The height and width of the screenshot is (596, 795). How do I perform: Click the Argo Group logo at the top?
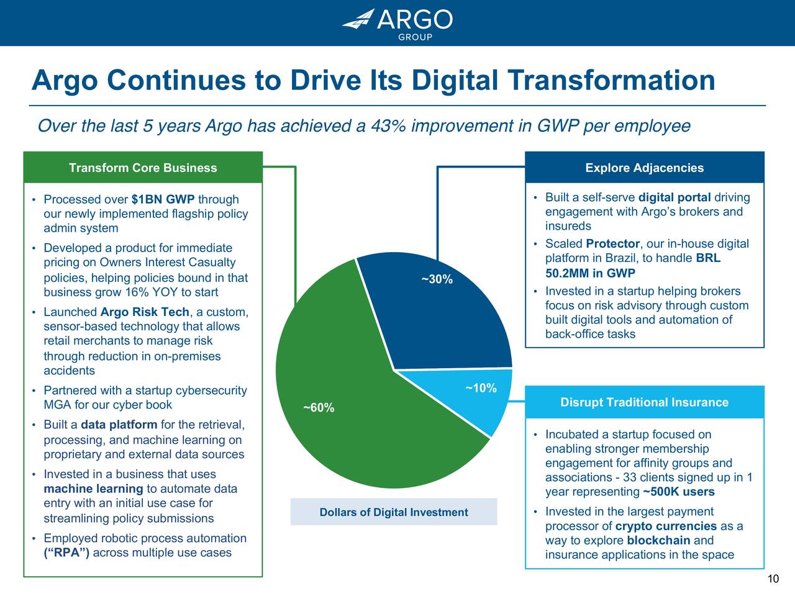click(397, 23)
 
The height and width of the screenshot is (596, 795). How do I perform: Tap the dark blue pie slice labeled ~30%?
click(441, 310)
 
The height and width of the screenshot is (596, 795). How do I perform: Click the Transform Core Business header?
click(143, 168)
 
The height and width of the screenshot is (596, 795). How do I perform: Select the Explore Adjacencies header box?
click(644, 168)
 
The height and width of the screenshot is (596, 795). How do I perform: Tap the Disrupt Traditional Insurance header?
click(644, 402)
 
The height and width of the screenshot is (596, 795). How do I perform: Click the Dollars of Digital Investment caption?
click(394, 512)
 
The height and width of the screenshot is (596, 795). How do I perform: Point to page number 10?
click(773, 579)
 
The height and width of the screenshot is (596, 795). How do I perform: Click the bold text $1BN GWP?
click(163, 199)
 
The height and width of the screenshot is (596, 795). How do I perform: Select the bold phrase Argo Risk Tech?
click(144, 312)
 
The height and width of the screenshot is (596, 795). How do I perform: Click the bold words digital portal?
click(674, 197)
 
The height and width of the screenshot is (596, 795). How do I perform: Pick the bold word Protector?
click(612, 243)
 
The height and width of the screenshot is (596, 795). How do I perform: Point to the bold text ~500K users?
click(678, 492)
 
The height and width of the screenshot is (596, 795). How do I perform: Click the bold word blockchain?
click(658, 540)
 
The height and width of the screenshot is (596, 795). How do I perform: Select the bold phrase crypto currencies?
click(666, 526)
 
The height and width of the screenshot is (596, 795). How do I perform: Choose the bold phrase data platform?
click(119, 425)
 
